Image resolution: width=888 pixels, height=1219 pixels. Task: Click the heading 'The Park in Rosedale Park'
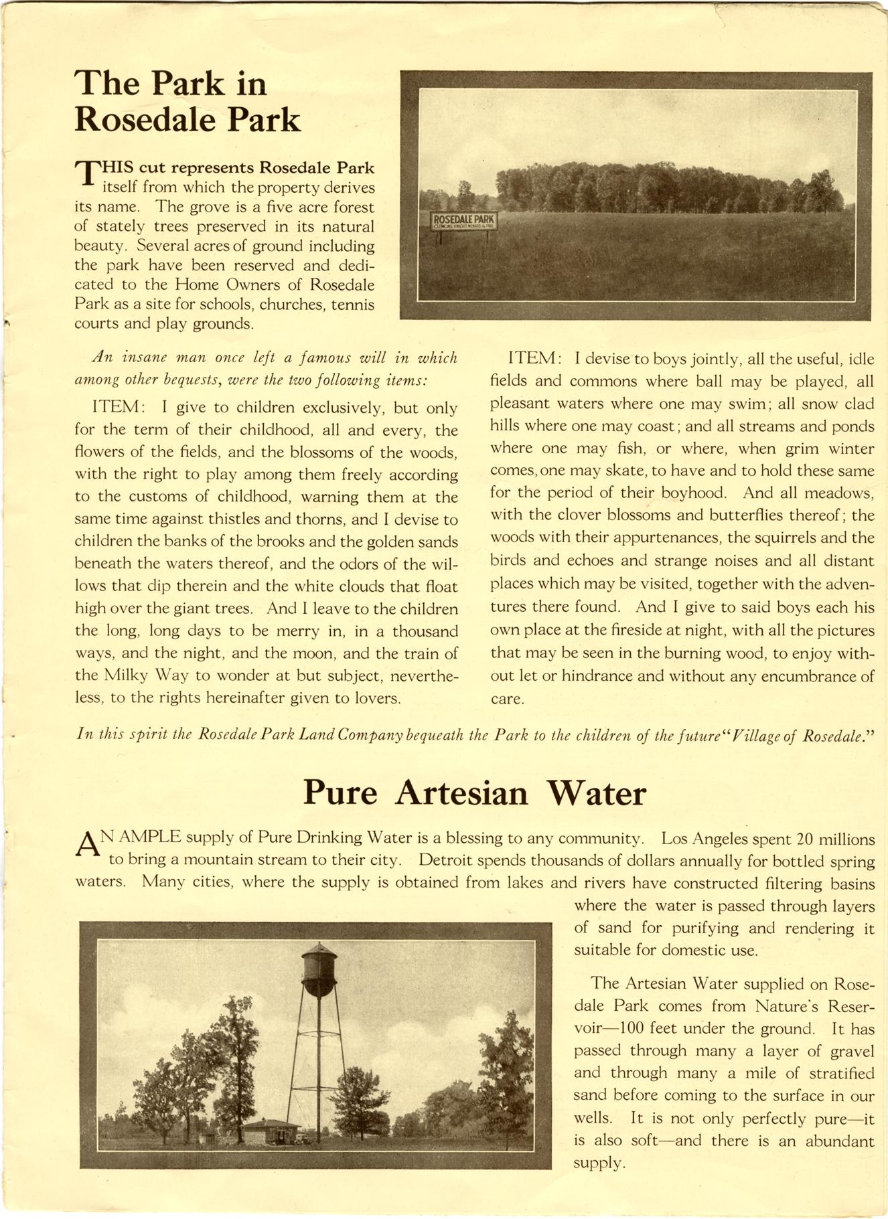pyautogui.click(x=188, y=102)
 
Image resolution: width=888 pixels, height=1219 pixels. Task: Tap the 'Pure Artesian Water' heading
pyautogui.click(x=474, y=793)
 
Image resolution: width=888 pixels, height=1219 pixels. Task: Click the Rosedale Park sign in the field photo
pyautogui.click(x=463, y=222)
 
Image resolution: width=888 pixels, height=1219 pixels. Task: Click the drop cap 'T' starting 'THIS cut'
pyautogui.click(x=87, y=172)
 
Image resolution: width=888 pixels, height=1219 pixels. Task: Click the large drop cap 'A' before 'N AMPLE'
pyautogui.click(x=89, y=845)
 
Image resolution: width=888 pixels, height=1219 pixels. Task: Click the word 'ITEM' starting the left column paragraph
pyautogui.click(x=116, y=408)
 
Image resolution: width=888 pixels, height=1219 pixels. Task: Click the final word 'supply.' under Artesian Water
pyautogui.click(x=599, y=1163)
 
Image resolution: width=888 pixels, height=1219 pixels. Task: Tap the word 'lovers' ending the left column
pyautogui.click(x=376, y=698)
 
